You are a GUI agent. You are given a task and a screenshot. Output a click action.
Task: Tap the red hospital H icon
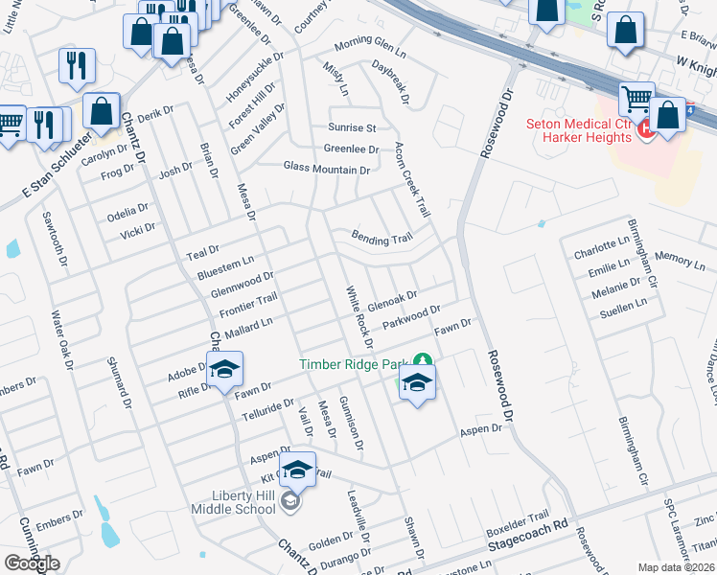coord(646,128)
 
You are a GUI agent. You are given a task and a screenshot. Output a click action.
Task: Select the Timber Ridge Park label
coord(353,364)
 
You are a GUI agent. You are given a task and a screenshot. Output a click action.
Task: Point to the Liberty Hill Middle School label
coord(243,501)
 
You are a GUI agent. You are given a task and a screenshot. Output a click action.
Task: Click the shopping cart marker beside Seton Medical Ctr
coord(636,100)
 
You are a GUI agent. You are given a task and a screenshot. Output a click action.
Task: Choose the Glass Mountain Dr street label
coord(326,169)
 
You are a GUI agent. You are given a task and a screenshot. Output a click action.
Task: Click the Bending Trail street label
coord(381,239)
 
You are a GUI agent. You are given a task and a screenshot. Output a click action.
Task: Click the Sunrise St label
coord(353,127)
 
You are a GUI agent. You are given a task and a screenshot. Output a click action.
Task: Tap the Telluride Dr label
coord(268,406)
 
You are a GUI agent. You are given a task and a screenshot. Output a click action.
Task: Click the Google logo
coord(32,563)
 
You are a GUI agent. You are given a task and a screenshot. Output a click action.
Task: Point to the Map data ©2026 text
coord(676,567)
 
